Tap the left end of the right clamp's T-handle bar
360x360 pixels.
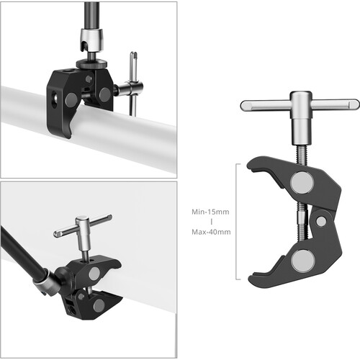click(247, 106)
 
